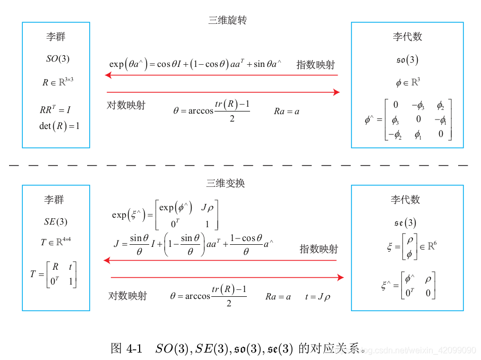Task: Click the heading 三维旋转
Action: [x=227, y=21]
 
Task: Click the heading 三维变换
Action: [x=226, y=183]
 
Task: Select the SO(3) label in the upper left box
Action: [x=57, y=59]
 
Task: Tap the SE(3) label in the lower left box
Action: [x=55, y=222]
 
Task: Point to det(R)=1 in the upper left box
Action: [x=59, y=126]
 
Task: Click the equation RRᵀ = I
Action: [x=55, y=110]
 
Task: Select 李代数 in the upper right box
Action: [x=407, y=37]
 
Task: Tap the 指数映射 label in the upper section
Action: [x=315, y=65]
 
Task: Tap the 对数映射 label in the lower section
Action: [x=127, y=296]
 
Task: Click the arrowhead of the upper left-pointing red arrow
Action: [x=108, y=75]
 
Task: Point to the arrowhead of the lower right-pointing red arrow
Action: [x=340, y=277]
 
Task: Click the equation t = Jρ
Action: [x=317, y=297]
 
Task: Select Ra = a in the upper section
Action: [x=287, y=112]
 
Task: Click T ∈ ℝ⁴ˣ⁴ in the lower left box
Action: [x=56, y=242]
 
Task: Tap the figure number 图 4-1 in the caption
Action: [x=126, y=349]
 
